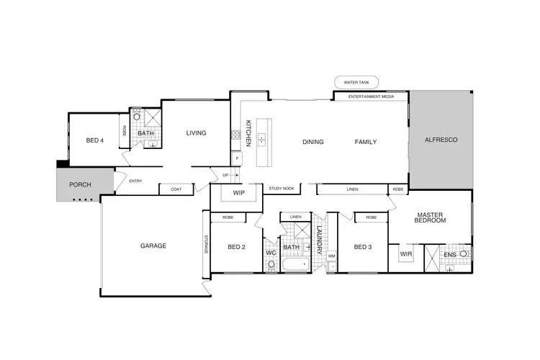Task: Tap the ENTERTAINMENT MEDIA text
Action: click(x=371, y=96)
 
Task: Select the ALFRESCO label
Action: click(x=441, y=139)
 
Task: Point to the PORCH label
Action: click(x=80, y=185)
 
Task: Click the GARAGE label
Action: click(x=153, y=246)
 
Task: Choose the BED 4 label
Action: click(x=95, y=140)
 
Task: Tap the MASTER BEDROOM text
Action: click(x=431, y=217)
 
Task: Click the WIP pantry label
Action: click(x=239, y=194)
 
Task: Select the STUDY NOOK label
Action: click(x=282, y=189)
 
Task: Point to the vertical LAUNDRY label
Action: click(x=320, y=240)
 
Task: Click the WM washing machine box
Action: click(x=331, y=256)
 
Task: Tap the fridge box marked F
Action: click(x=235, y=158)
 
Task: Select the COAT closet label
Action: click(x=176, y=189)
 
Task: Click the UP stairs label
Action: click(x=225, y=175)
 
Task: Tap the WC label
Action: click(x=271, y=253)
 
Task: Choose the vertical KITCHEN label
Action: click(x=247, y=134)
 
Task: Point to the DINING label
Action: click(x=312, y=142)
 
